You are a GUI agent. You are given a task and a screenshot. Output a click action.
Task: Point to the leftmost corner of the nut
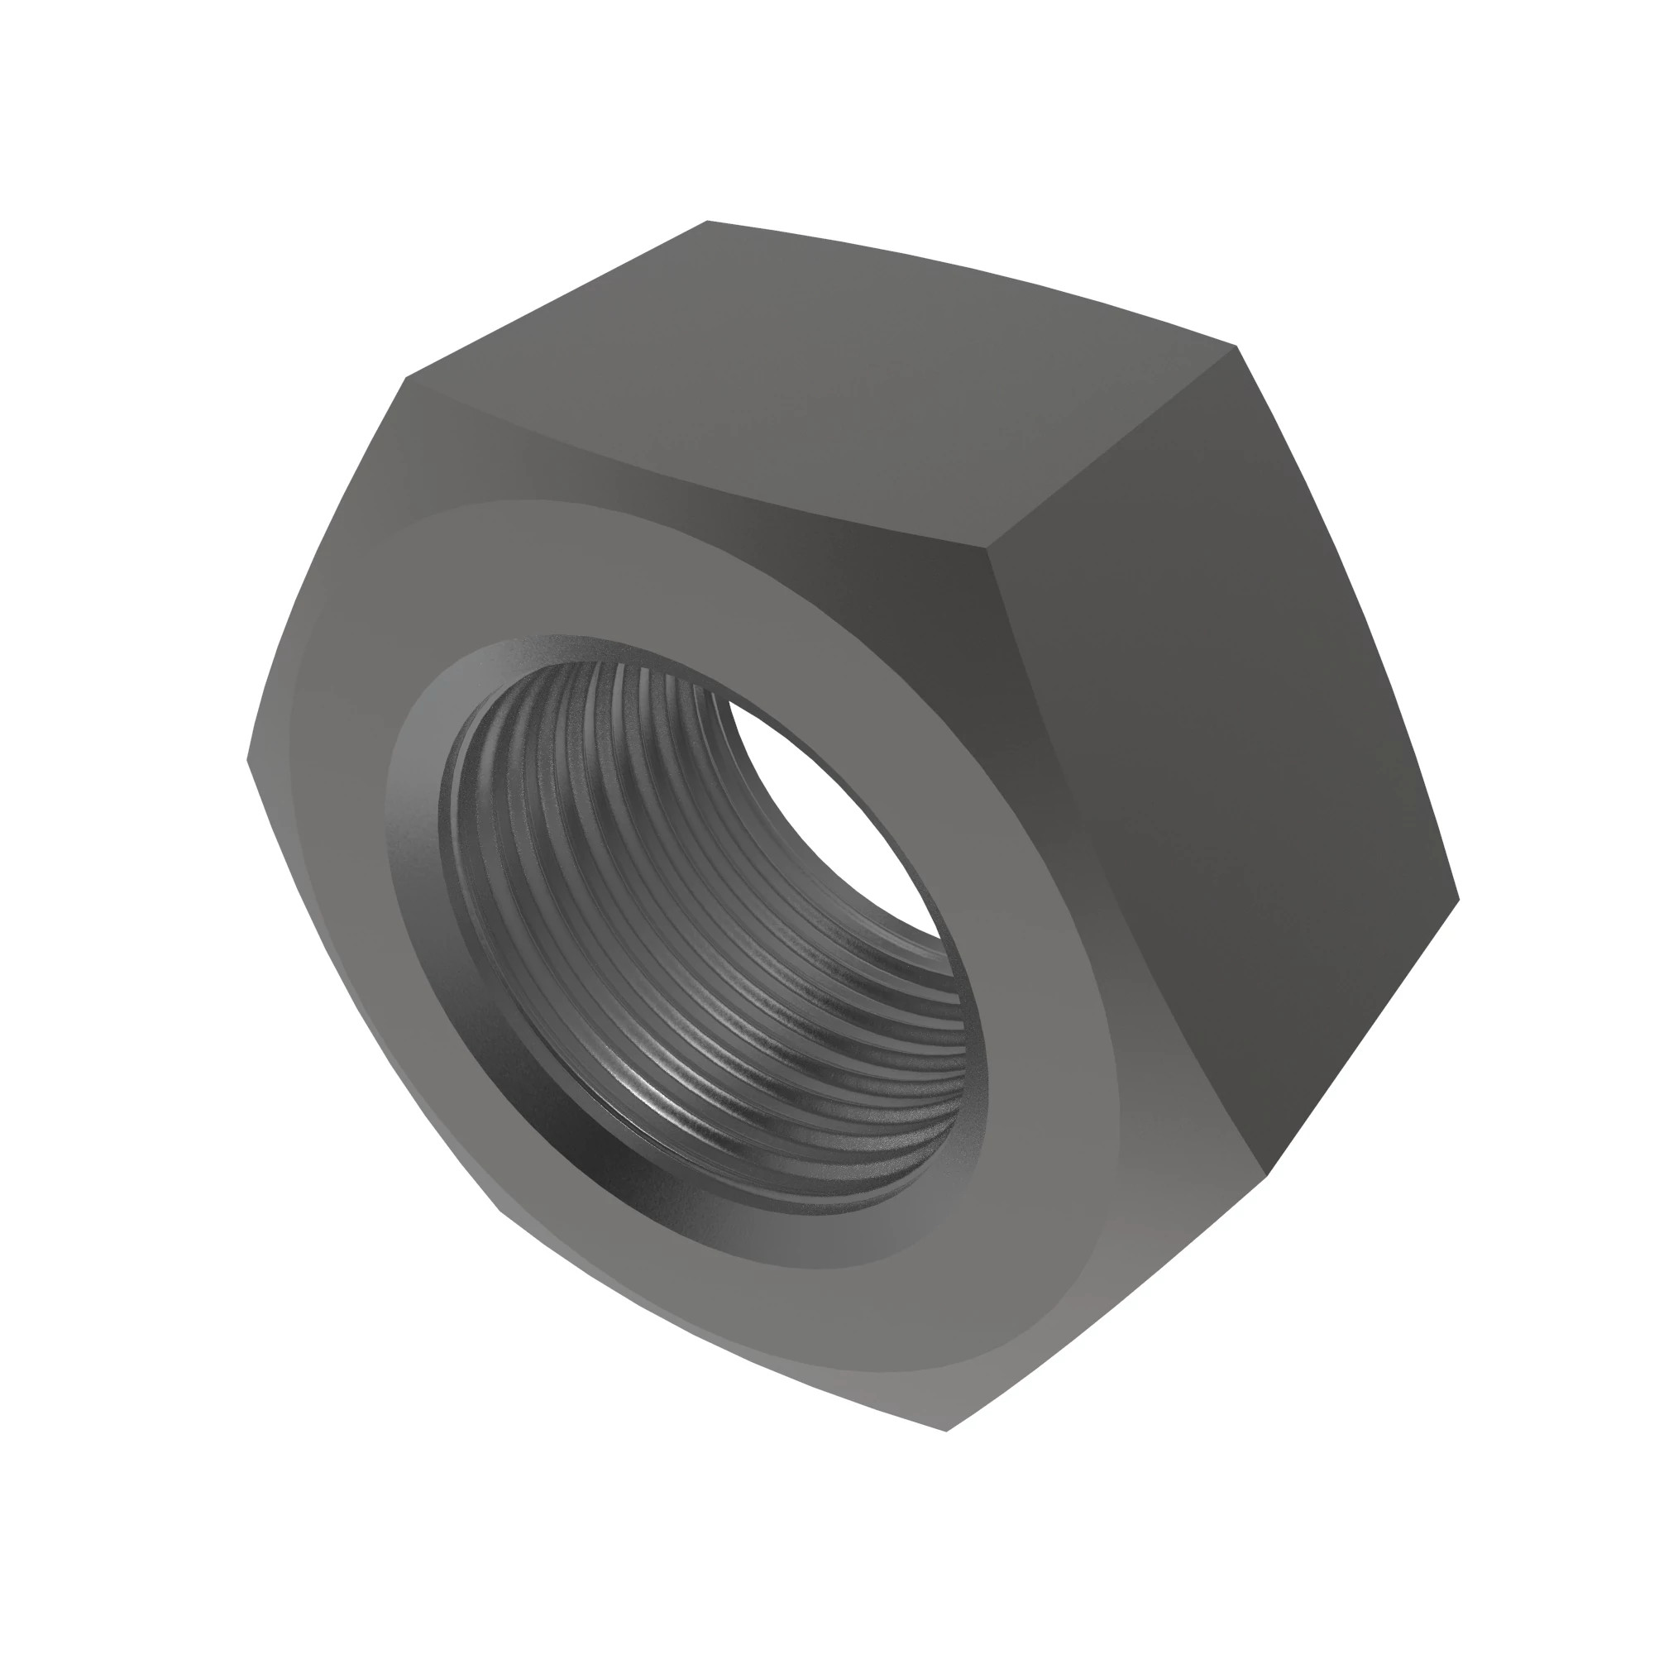pos(247,758)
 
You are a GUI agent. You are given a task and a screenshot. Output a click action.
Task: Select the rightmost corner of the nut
pos(1458,899)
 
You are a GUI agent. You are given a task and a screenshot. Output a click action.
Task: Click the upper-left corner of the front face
pos(407,379)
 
